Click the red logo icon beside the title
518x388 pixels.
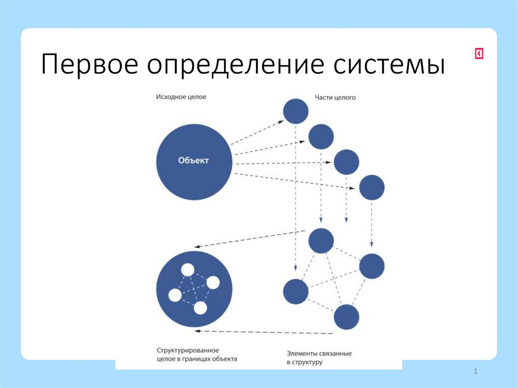[479, 54]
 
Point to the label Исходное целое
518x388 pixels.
[181, 96]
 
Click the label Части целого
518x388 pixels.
[335, 97]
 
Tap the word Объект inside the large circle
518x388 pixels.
[193, 161]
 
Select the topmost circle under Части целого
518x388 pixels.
[296, 111]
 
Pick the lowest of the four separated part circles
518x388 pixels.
[372, 188]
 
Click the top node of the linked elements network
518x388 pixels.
[321, 241]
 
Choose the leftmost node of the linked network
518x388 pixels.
[295, 292]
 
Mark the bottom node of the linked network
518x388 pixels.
[347, 317]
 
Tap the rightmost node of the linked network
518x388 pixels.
[372, 266]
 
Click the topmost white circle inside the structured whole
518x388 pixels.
[188, 270]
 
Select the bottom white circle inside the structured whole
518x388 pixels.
[200, 308]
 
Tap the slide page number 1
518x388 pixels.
[476, 372]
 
